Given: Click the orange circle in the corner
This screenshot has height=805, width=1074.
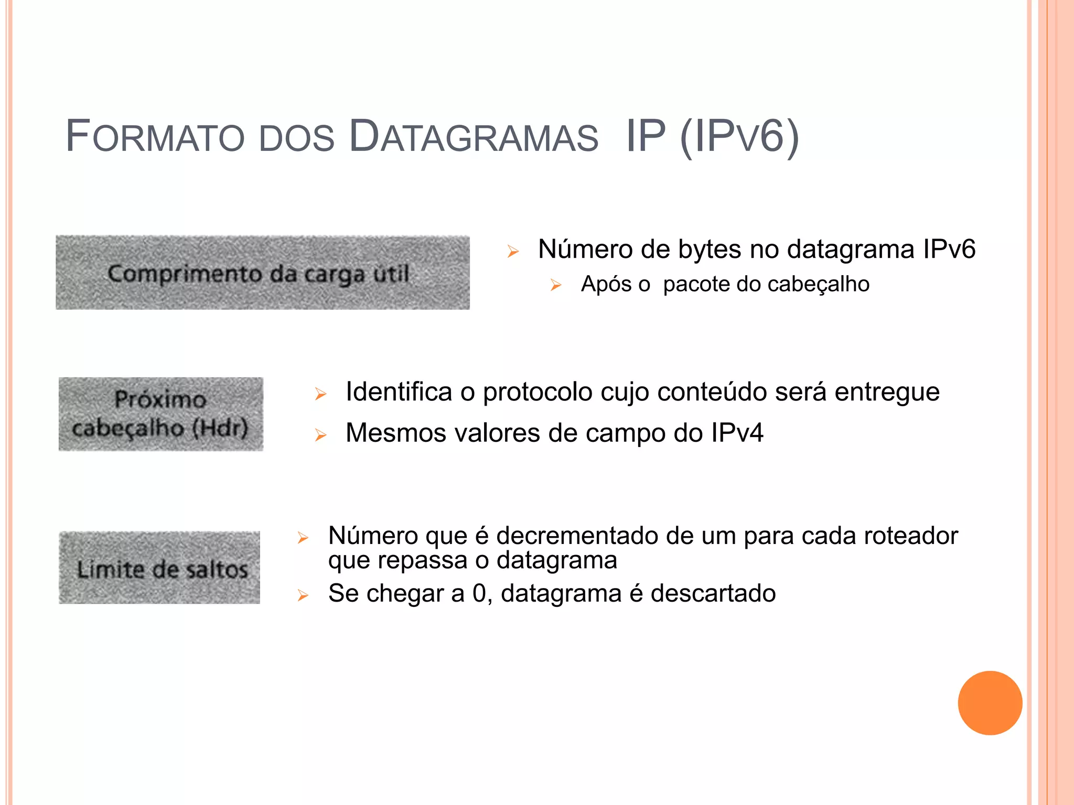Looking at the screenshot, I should click(x=990, y=703).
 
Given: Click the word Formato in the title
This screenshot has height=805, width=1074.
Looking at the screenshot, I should click(x=155, y=137).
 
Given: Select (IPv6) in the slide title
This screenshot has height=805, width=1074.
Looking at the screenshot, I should click(x=739, y=137).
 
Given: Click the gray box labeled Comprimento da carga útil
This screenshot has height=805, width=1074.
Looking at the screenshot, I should click(x=263, y=273).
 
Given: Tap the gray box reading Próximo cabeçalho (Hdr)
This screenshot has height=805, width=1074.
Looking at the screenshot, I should click(x=161, y=414).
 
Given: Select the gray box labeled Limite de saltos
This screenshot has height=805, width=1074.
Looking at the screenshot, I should click(x=159, y=568).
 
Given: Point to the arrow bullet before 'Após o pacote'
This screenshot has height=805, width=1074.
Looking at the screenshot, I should click(x=556, y=286).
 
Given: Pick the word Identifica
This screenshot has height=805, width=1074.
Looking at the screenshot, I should click(x=399, y=392).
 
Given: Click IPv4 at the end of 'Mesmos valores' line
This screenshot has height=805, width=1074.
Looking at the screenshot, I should click(x=737, y=433).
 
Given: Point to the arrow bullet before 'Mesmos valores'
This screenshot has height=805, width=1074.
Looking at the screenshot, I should click(x=320, y=435).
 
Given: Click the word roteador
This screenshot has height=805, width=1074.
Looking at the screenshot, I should click(x=910, y=536).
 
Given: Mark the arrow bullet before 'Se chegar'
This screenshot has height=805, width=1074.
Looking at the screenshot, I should click(x=303, y=595).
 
